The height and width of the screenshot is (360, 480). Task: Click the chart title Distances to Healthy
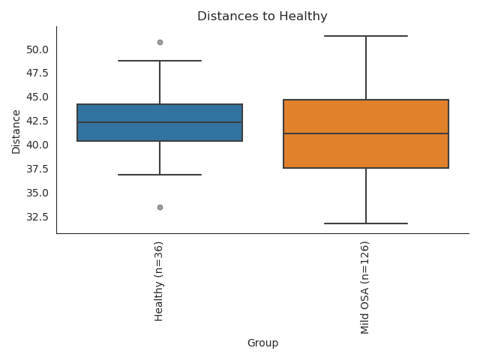(x=262, y=16)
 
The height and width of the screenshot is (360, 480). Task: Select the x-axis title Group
(x=262, y=343)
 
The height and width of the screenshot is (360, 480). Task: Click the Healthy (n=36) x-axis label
(x=159, y=281)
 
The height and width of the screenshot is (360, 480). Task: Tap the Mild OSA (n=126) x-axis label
(x=365, y=287)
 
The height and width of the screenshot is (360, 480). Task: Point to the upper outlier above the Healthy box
(x=160, y=42)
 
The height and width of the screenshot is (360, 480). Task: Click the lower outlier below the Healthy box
(x=160, y=207)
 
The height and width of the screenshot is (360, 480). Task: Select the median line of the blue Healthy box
(x=160, y=122)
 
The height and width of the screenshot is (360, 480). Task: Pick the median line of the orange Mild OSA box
(x=366, y=133)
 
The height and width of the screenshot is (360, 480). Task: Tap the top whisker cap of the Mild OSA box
(x=366, y=36)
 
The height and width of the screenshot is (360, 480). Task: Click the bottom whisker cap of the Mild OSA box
(x=366, y=223)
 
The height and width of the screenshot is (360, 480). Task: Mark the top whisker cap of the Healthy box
(x=160, y=61)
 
